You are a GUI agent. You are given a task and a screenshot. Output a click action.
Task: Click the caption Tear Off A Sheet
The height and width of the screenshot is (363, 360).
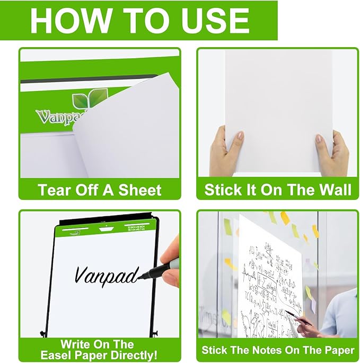(x=100, y=189)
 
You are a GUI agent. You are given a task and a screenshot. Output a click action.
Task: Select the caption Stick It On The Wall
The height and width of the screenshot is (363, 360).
(x=278, y=189)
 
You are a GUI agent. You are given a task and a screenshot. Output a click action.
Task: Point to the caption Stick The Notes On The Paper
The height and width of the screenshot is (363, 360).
(x=278, y=350)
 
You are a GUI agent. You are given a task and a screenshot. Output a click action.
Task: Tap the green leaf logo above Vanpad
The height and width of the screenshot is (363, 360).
(x=89, y=100)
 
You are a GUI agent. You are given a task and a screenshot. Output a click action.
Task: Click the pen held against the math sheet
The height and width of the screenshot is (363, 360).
(x=297, y=317)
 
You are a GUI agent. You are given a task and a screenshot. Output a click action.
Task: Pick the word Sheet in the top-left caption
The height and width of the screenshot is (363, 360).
(x=140, y=189)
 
